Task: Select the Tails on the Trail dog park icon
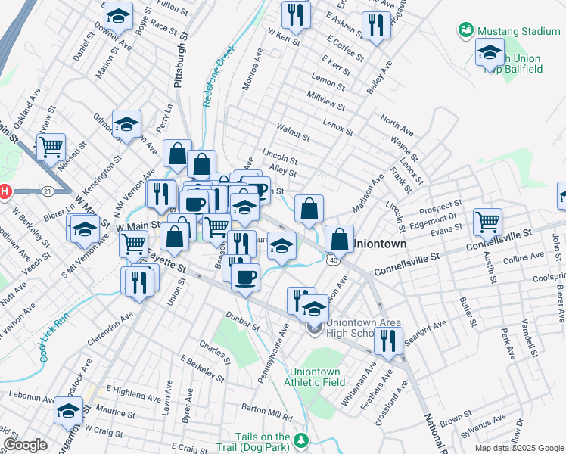302,440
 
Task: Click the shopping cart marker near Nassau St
51,147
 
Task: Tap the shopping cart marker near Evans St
488,221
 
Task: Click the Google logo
25,445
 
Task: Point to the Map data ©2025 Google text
518,448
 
